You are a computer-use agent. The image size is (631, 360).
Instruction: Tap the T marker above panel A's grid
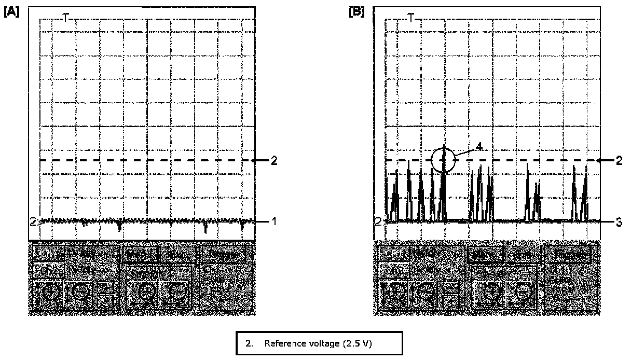[x=65, y=18]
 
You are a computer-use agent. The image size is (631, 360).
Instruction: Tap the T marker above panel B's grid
[x=410, y=18]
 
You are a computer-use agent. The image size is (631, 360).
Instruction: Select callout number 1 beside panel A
[x=275, y=221]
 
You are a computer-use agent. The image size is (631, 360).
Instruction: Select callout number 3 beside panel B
[x=619, y=221]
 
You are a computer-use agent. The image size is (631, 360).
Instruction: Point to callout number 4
[x=479, y=147]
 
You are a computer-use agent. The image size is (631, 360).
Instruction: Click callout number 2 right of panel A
[x=273, y=160]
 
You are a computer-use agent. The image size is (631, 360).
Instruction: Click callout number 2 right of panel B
[x=619, y=160]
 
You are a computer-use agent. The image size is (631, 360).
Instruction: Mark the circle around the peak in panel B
[x=443, y=159]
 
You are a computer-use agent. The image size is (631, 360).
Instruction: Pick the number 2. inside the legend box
[x=249, y=343]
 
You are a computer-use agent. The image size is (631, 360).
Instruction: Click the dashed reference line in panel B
[x=519, y=160]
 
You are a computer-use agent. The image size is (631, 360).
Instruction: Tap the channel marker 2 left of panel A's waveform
[x=33, y=222]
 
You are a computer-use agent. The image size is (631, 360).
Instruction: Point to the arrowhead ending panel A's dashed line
[x=254, y=160]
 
